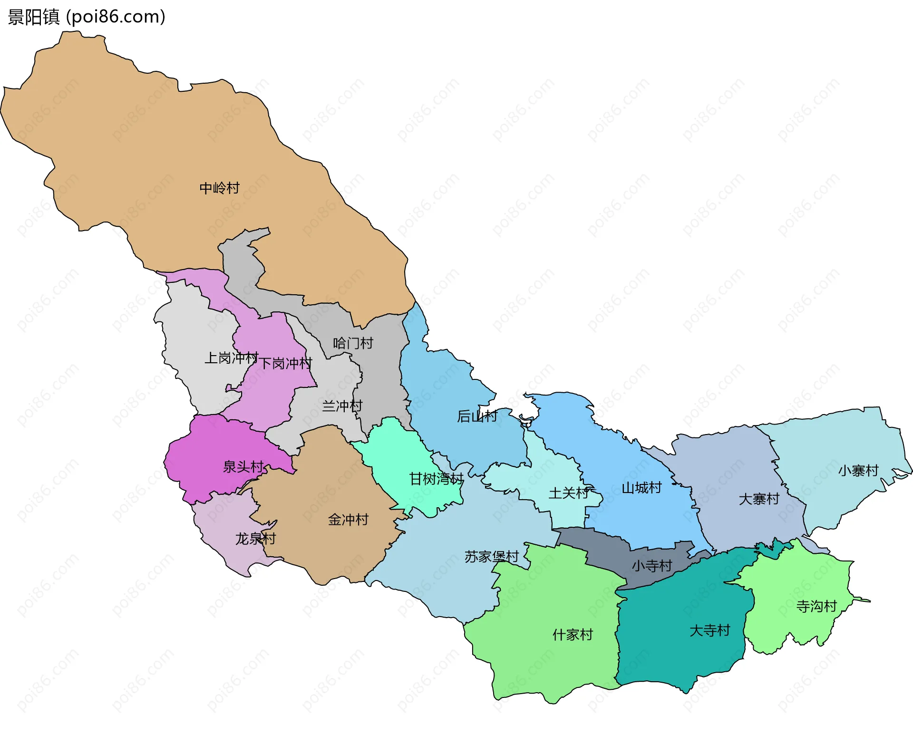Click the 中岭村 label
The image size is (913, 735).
pos(219,188)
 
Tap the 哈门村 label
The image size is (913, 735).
pos(353,343)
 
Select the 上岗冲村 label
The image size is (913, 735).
pos(231,358)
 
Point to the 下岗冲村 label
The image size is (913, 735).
pos(285,364)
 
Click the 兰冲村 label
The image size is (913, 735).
pos(342,406)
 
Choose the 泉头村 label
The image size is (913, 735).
pos(243,467)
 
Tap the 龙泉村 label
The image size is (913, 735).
pos(255,539)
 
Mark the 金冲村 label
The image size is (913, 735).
pos(348,520)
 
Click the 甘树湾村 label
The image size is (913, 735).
pos(436,479)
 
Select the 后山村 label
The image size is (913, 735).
pos(477,416)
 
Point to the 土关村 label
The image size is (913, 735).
pos(569,493)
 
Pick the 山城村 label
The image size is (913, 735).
pos(641,488)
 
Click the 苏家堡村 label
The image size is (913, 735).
pos(491,557)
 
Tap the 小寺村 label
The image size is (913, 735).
pos(651,566)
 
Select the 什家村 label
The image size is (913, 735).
pos(573,635)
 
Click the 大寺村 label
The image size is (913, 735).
pos(709,630)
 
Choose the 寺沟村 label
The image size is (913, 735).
pos(816,607)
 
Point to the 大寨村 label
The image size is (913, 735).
pos(759,499)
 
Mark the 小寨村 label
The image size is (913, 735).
pos(858,471)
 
